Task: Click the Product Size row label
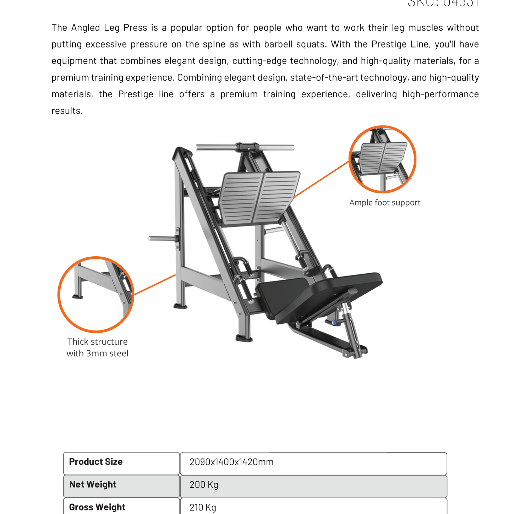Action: tap(96, 462)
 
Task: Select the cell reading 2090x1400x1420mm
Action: tap(231, 462)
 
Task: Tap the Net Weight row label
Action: tap(93, 485)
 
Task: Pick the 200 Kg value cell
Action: tap(204, 485)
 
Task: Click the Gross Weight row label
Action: tap(97, 507)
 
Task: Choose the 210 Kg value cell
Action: tap(203, 507)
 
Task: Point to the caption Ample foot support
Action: tap(385, 203)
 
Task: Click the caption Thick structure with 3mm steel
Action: tap(98, 348)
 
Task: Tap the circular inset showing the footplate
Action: tap(382, 159)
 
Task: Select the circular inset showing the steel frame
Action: tap(96, 294)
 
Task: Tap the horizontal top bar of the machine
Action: tap(245, 147)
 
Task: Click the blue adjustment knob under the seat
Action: tap(334, 322)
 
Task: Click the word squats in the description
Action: tap(313, 44)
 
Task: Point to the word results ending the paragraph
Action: tap(67, 111)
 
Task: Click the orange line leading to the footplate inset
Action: tap(321, 179)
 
